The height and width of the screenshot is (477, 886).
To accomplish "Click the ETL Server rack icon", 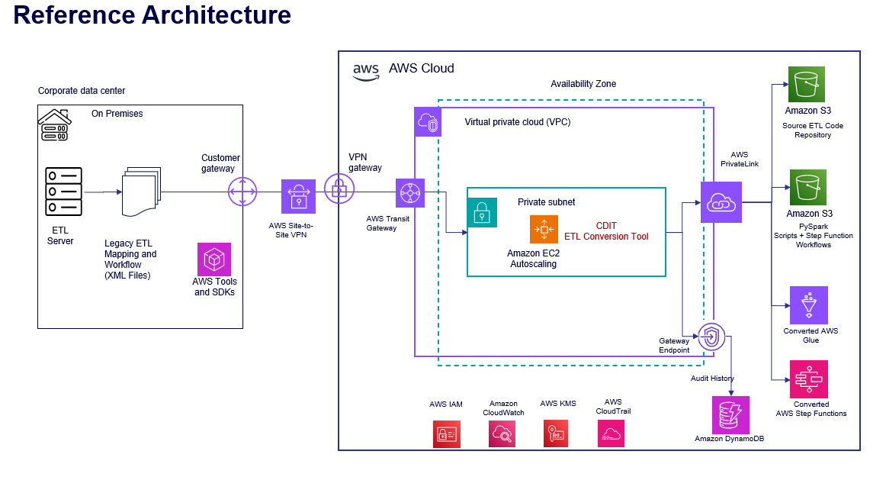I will point(63,192).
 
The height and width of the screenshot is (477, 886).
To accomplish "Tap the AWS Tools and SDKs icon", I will point(214,259).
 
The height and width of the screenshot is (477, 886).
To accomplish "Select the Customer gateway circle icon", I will point(242,192).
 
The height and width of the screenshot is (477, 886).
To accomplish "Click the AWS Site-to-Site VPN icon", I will point(298,196).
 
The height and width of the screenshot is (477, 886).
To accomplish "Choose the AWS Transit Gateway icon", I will point(410,193).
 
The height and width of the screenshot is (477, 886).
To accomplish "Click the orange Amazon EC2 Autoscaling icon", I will point(544,229).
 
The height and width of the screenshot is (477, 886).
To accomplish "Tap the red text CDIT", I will point(606,226).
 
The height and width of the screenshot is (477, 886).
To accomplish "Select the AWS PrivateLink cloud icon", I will point(721,202).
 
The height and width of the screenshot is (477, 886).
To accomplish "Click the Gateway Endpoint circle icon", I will point(712,335).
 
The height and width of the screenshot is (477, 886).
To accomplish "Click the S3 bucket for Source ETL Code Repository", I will point(808,85).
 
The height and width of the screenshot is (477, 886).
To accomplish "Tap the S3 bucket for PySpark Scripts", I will point(808,188).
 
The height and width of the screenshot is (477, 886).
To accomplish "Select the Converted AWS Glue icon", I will point(809,305).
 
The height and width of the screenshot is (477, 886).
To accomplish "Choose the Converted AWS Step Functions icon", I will point(809,379).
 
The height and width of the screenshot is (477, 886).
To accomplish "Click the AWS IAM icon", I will point(446,433).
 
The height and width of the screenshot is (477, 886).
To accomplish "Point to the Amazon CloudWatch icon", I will point(502,433).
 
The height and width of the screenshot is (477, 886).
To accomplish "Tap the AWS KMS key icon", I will point(557,433).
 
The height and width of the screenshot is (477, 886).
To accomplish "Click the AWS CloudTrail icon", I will point(612,433).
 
